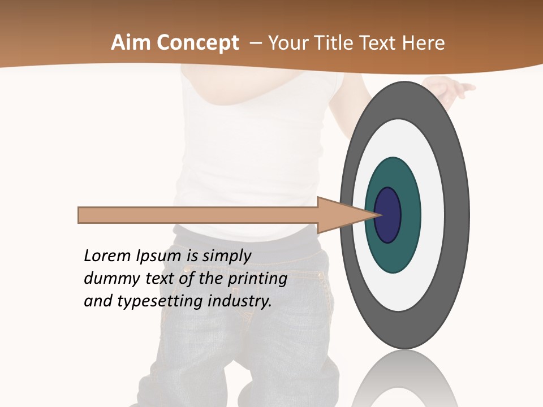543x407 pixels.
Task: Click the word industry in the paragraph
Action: [240, 301]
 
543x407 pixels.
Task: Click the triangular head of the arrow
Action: [339, 215]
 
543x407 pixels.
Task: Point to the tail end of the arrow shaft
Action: [82, 215]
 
